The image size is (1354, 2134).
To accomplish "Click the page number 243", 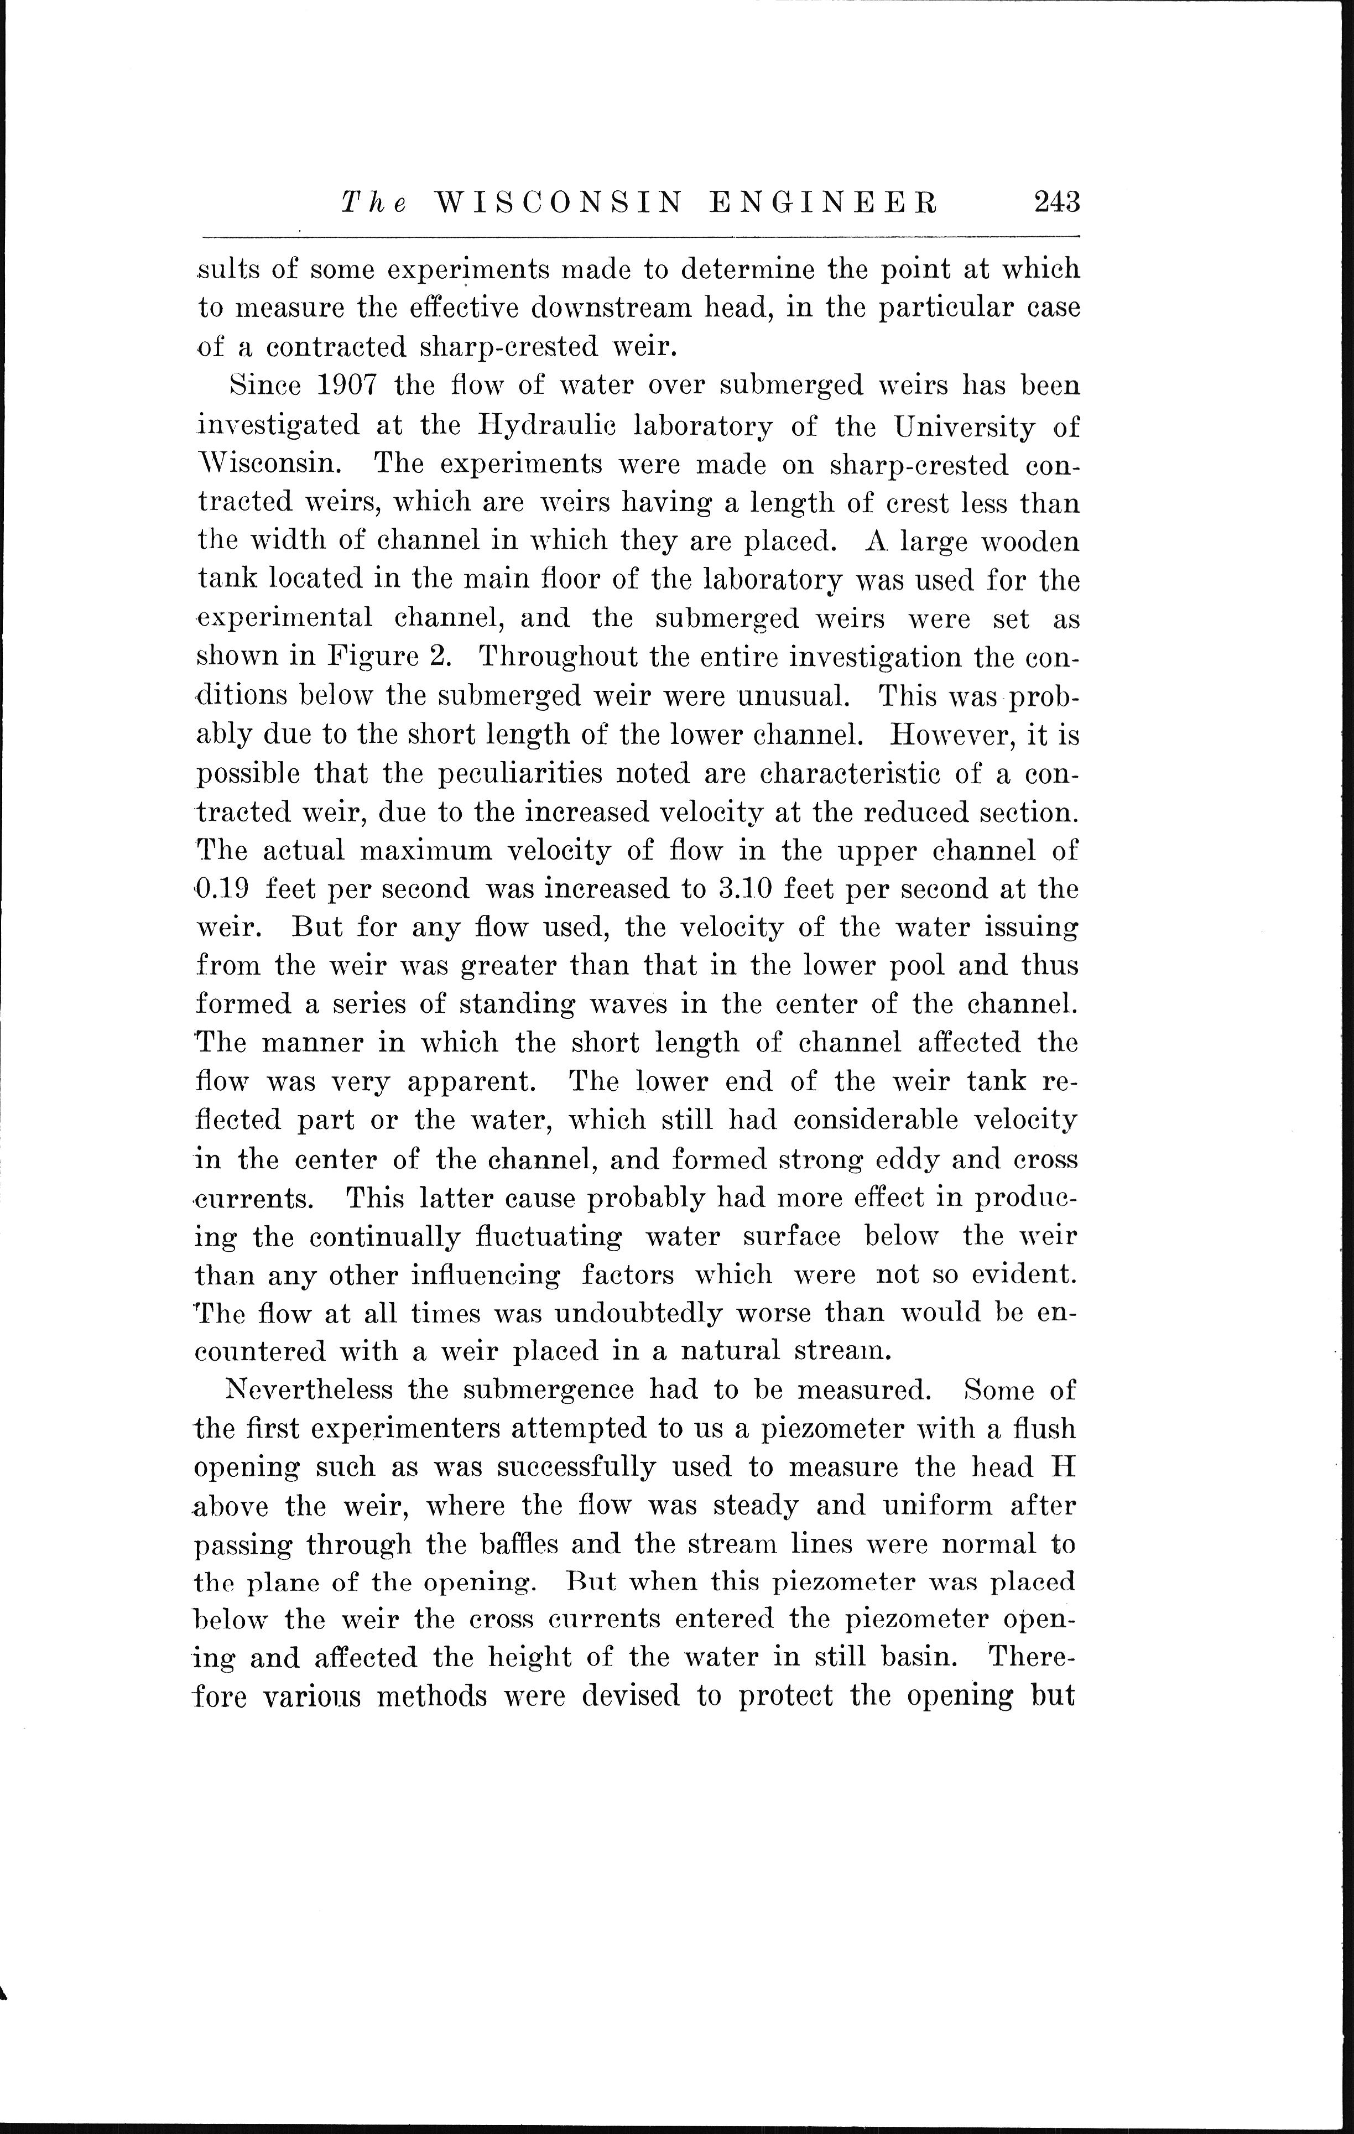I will pos(1055,203).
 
